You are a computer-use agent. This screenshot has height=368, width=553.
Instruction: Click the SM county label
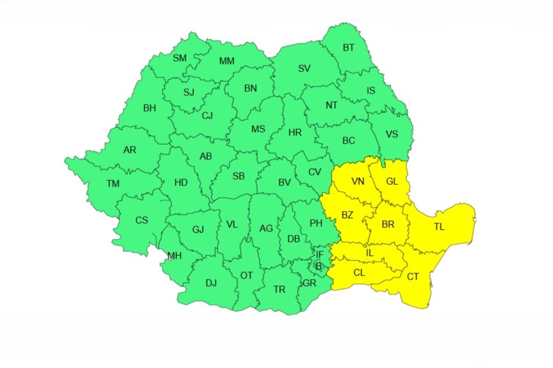pyautogui.click(x=180, y=58)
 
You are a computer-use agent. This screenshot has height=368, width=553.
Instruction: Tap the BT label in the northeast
pyautogui.click(x=349, y=48)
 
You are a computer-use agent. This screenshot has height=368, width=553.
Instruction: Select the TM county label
pyautogui.click(x=113, y=184)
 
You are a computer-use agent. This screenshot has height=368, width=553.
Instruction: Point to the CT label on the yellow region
pyautogui.click(x=413, y=277)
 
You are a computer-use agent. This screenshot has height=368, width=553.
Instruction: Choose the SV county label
pyautogui.click(x=304, y=69)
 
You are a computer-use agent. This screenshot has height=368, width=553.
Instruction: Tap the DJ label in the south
pyautogui.click(x=211, y=283)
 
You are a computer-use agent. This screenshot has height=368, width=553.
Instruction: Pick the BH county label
pyautogui.click(x=150, y=108)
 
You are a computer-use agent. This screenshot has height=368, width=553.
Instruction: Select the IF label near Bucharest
pyautogui.click(x=319, y=254)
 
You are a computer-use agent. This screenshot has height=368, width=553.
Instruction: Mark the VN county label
pyautogui.click(x=357, y=181)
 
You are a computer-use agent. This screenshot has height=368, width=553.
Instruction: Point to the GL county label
pyautogui.click(x=392, y=181)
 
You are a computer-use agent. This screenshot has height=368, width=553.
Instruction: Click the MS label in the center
pyautogui.click(x=258, y=129)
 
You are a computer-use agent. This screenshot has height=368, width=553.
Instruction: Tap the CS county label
pyautogui.click(x=141, y=220)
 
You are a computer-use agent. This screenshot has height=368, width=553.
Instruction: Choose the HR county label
pyautogui.click(x=295, y=133)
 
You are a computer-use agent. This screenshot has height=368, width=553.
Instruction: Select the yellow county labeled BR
pyautogui.click(x=388, y=224)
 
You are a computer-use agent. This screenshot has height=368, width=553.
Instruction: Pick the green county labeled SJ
pyautogui.click(x=189, y=92)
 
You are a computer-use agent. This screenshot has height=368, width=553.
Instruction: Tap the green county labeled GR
pyautogui.click(x=309, y=283)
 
